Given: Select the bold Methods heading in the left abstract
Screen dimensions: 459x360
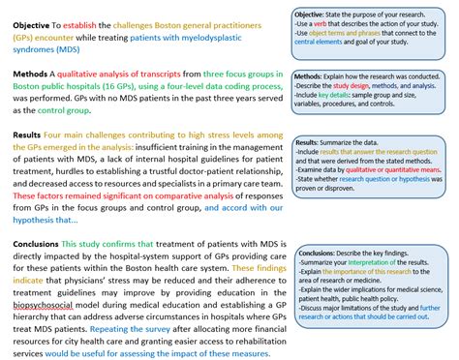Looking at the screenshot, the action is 32,74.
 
